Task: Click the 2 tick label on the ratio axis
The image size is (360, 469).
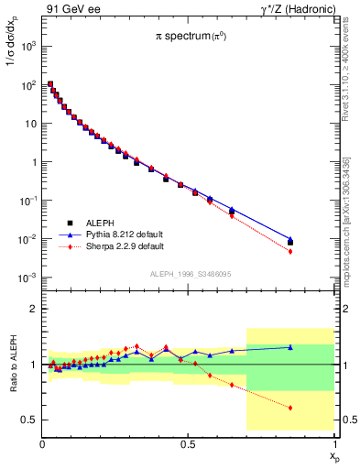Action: coord(33,310)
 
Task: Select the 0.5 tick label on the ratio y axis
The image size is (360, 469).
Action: coord(28,420)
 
